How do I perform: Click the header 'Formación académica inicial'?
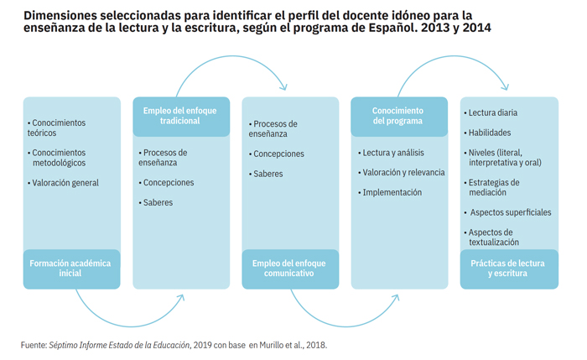pyautogui.click(x=70, y=269)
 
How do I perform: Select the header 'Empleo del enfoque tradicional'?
pyautogui.click(x=179, y=116)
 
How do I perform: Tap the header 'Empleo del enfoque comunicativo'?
pyautogui.click(x=289, y=269)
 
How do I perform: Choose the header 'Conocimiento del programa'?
pyautogui.click(x=397, y=116)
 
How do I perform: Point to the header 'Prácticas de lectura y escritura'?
pyautogui.click(x=507, y=269)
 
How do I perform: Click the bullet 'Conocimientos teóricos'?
pyautogui.click(x=56, y=128)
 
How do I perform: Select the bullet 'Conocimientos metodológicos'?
pyautogui.click(x=56, y=158)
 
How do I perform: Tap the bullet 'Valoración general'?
pyautogui.click(x=63, y=183)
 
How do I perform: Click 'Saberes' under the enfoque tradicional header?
pyautogui.click(x=156, y=203)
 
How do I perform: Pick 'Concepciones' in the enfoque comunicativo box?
pyautogui.click(x=277, y=154)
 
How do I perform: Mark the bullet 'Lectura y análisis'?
pyautogui.click(x=392, y=153)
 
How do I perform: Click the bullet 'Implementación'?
pyautogui.click(x=390, y=192)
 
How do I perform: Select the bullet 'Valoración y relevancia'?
pyautogui.click(x=402, y=173)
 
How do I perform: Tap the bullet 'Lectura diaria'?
pyautogui.click(x=491, y=112)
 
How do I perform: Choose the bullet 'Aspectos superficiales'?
pyautogui.click(x=508, y=212)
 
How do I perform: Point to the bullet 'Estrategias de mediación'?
pyautogui.click(x=492, y=187)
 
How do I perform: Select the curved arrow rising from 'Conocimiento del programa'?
pyautogui.click(x=454, y=56)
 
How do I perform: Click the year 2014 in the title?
pyautogui.click(x=476, y=28)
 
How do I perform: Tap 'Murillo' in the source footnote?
pyautogui.click(x=272, y=345)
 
